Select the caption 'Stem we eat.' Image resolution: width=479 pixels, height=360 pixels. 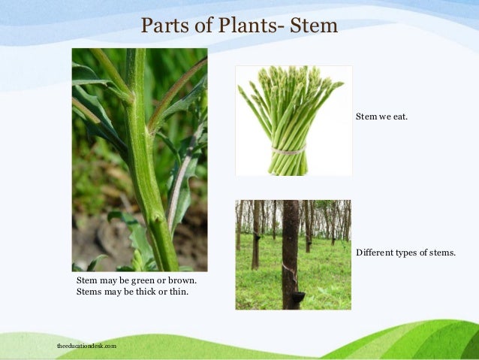(381, 117)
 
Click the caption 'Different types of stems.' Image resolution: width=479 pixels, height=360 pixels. (405, 253)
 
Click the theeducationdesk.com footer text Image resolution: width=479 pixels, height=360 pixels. (87, 346)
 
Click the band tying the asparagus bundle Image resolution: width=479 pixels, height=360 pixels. (288, 150)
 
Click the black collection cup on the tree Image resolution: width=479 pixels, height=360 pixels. (297, 298)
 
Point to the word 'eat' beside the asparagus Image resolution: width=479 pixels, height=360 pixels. (399, 117)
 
